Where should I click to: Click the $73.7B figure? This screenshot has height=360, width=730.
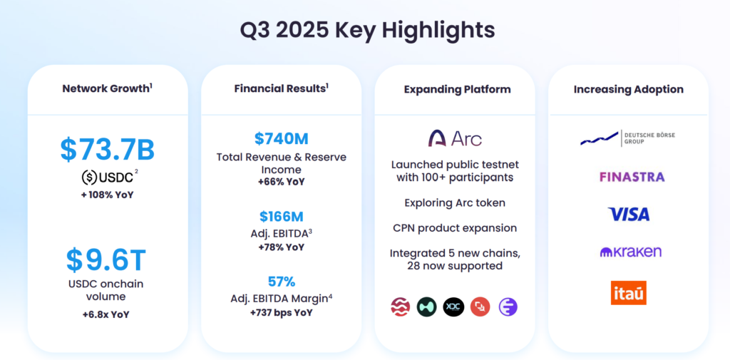(108, 150)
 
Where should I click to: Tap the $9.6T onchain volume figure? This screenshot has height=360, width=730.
(106, 260)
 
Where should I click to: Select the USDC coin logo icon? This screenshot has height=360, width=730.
(89, 178)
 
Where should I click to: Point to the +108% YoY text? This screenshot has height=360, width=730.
(108, 195)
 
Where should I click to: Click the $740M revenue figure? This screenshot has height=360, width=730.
(281, 139)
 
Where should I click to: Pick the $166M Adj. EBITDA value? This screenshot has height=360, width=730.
(281, 217)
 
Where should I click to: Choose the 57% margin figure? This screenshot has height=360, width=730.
(281, 282)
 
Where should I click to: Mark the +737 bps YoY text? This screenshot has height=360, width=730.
(281, 312)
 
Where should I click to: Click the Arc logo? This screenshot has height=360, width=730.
(455, 138)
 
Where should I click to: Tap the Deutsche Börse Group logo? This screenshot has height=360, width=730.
(627, 138)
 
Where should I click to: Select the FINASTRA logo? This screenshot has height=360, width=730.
(632, 177)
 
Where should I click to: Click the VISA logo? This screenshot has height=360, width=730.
(629, 215)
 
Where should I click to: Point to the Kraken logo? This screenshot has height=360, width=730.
(630, 252)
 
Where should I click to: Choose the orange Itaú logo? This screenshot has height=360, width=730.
(629, 293)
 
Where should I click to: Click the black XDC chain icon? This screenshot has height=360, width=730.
(453, 307)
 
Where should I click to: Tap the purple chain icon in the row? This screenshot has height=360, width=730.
(508, 307)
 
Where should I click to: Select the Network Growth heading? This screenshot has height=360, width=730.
(106, 88)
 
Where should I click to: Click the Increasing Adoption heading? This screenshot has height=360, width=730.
(629, 89)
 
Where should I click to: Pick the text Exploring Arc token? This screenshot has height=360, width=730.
(455, 203)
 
